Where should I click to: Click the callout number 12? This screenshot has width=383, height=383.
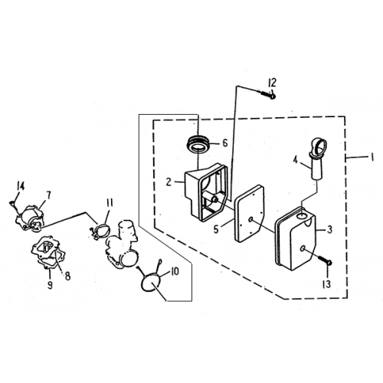click(x=272, y=83)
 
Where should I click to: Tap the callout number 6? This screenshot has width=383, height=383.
click(x=224, y=143)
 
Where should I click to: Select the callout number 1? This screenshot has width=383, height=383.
click(x=372, y=157)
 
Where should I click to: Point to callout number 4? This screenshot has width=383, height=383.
click(x=296, y=160)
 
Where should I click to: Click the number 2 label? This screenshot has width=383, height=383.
click(x=169, y=182)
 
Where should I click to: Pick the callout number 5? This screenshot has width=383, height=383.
click(x=216, y=229)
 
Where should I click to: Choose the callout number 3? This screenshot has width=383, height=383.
click(x=329, y=230)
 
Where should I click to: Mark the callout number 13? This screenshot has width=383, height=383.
click(x=326, y=284)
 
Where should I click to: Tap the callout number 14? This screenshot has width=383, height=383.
click(x=21, y=186)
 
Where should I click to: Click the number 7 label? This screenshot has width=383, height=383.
click(x=48, y=195)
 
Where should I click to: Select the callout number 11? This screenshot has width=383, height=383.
click(x=110, y=204)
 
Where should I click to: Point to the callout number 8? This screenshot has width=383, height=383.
click(x=67, y=276)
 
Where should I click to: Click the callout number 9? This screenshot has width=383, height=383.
click(x=50, y=285)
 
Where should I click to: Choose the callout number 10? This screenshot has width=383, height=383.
click(x=175, y=271)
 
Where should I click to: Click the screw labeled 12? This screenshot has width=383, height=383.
click(x=268, y=94)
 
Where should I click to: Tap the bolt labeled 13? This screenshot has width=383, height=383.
click(x=326, y=260)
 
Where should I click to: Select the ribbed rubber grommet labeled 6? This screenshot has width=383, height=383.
click(x=199, y=144)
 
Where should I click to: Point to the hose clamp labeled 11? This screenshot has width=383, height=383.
click(x=100, y=231)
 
